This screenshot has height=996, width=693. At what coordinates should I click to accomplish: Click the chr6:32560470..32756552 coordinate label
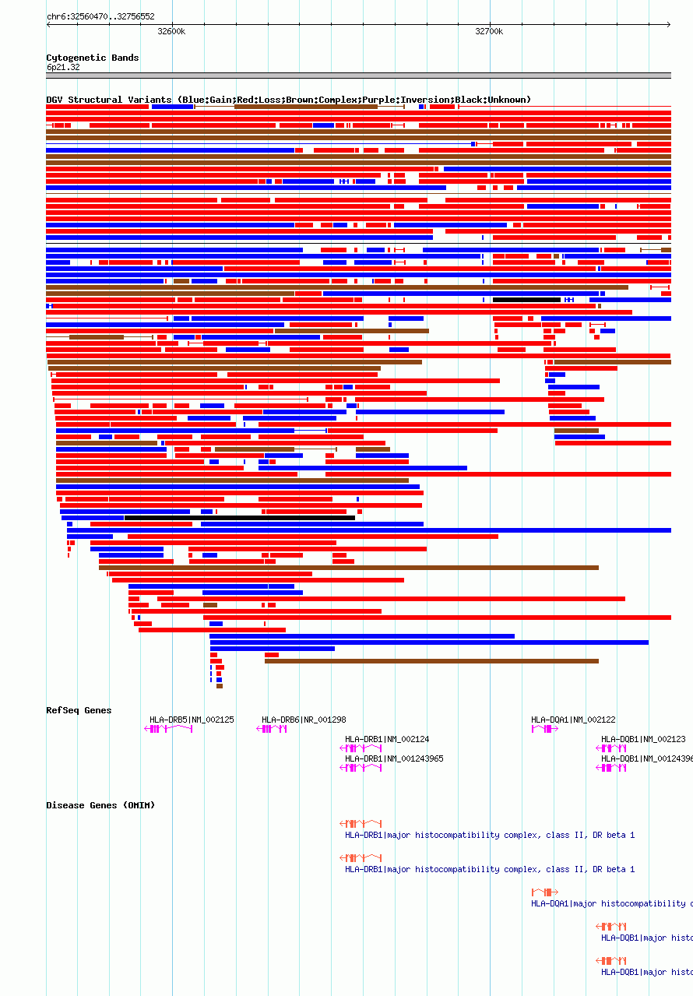(x=100, y=16)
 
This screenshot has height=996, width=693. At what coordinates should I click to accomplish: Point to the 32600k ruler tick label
(x=171, y=32)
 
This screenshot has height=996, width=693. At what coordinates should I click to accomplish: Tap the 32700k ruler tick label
(x=489, y=32)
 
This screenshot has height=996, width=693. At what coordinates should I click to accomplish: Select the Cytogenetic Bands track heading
(x=93, y=58)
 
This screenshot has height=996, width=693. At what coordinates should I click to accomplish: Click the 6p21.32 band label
(x=63, y=68)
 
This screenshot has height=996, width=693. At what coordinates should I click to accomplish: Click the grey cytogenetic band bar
(x=358, y=76)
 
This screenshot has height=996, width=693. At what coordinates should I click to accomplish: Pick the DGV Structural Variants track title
(x=288, y=100)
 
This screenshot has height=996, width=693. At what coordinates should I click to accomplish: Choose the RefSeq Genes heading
(x=79, y=710)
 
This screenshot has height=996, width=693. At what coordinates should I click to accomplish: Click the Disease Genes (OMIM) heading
(x=100, y=805)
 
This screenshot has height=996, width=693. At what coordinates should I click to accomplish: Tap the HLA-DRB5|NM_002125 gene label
(x=192, y=720)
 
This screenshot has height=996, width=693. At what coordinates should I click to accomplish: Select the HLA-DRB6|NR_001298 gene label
(x=304, y=720)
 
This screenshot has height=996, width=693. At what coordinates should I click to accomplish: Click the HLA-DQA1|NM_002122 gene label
(x=573, y=720)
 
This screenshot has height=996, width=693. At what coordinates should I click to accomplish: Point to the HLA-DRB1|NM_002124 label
(x=387, y=739)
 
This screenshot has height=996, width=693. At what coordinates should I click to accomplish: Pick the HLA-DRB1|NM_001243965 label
(x=394, y=758)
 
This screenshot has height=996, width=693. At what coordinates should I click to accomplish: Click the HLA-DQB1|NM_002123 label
(x=643, y=739)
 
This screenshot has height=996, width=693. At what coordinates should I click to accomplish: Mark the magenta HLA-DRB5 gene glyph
(x=168, y=729)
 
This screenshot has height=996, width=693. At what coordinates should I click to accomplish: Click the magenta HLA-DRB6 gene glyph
(x=273, y=729)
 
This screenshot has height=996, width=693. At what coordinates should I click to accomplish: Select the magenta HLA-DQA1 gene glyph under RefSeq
(x=544, y=729)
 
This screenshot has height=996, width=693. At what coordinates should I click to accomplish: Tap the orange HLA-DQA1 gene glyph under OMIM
(x=544, y=892)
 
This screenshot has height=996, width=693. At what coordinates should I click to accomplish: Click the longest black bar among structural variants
(x=239, y=518)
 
